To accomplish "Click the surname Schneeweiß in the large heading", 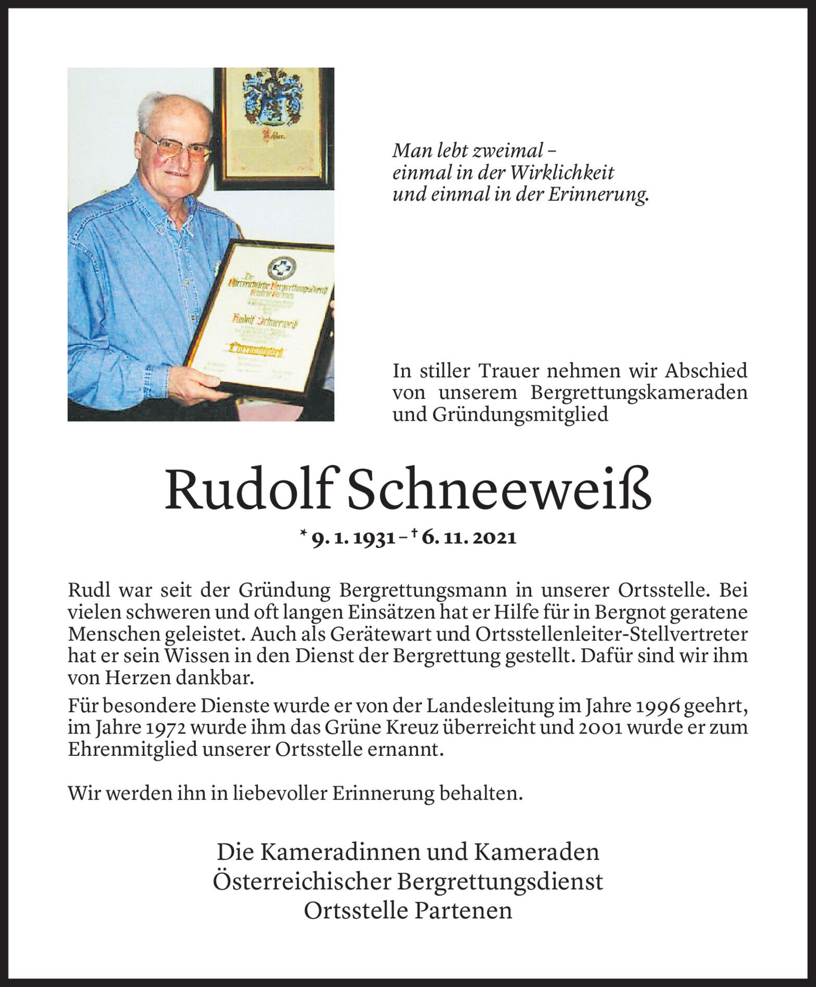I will coord(499,490).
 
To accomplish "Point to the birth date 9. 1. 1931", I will coord(353,538).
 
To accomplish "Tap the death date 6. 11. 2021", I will coord(469,538).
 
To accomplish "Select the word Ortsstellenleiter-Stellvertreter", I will coord(611,635).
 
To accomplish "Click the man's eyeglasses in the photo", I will coord(178,146).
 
